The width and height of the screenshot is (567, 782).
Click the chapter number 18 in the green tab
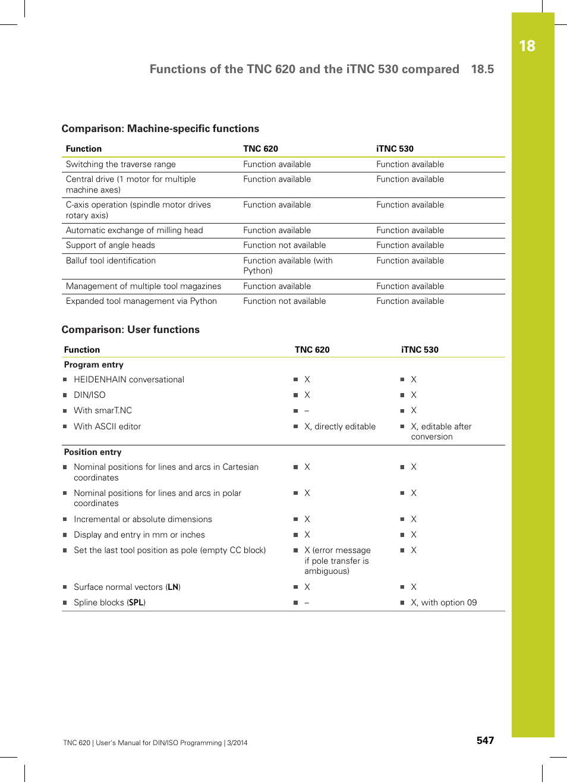(x=527, y=46)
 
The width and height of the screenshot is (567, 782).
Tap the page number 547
(x=485, y=740)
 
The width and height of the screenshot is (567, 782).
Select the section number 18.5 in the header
(x=482, y=69)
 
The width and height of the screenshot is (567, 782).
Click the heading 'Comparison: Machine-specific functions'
(x=160, y=128)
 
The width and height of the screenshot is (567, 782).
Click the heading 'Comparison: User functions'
(x=131, y=329)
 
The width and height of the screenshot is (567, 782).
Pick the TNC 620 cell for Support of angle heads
(x=284, y=245)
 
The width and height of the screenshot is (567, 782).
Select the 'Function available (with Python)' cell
(x=288, y=265)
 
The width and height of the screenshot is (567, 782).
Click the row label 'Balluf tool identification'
(x=111, y=260)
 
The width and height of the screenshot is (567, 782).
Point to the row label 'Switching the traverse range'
(x=121, y=164)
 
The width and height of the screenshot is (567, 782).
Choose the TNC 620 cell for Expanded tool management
(x=284, y=301)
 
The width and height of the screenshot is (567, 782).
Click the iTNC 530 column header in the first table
(x=395, y=149)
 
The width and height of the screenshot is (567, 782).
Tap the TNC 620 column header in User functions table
(x=312, y=350)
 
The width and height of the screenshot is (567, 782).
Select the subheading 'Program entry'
(x=94, y=365)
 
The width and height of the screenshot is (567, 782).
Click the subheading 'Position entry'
(x=93, y=452)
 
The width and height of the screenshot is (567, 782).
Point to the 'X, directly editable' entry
(x=340, y=426)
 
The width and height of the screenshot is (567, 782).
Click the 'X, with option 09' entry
(x=443, y=602)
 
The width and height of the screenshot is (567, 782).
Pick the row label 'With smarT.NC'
(x=103, y=410)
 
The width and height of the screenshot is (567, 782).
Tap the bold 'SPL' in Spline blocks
(x=136, y=602)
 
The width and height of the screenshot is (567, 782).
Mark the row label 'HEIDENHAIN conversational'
(x=129, y=379)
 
